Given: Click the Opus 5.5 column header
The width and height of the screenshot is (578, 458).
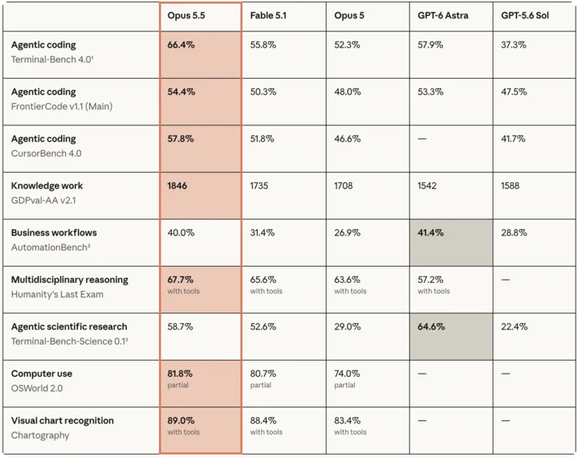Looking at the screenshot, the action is click(186, 15).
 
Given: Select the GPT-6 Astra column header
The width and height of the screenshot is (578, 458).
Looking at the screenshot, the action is click(442, 15).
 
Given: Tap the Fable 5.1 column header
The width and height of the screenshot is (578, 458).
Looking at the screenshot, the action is click(268, 15).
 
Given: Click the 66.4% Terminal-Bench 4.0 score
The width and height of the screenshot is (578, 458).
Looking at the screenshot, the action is click(181, 45).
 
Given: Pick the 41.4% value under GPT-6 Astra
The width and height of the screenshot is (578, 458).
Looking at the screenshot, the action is click(430, 232).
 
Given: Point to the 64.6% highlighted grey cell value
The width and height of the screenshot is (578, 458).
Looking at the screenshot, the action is click(431, 326).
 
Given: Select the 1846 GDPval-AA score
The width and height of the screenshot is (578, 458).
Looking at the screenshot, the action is click(177, 186).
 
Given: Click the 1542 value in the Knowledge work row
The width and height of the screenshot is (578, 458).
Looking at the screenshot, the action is click(427, 186).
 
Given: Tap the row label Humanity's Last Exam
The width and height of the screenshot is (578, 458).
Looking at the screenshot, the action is click(57, 295).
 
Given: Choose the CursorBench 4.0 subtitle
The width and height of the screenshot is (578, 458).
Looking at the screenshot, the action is click(46, 153).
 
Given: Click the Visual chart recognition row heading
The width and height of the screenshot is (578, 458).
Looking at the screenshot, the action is click(63, 421).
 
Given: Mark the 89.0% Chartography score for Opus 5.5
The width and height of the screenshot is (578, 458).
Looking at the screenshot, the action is click(181, 421).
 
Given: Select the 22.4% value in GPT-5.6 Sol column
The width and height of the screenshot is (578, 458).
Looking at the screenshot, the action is click(514, 326).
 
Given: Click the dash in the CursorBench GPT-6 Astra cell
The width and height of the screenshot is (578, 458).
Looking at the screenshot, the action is click(422, 139).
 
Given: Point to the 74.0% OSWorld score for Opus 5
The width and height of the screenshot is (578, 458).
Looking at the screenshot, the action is click(347, 374).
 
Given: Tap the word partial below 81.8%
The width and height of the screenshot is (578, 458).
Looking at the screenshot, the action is click(177, 385).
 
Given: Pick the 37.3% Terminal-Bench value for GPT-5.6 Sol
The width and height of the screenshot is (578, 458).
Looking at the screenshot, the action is click(514, 45).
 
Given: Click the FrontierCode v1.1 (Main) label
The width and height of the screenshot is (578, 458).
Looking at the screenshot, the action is click(62, 107).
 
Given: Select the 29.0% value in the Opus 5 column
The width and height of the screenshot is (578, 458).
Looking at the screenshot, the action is click(348, 326).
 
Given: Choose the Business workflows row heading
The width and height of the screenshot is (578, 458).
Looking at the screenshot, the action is click(54, 233).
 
